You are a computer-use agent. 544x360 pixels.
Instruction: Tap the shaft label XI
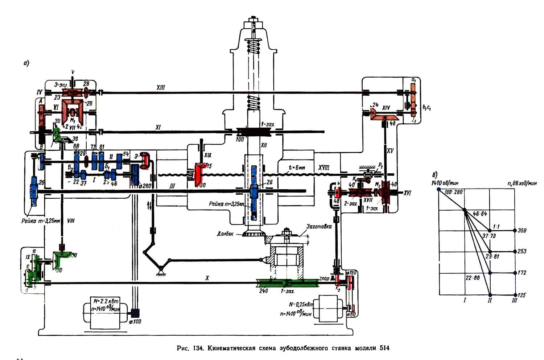coord(158,127)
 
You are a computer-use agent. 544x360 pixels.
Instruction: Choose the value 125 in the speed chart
coord(522,295)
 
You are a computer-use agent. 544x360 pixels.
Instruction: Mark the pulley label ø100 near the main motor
coord(135,322)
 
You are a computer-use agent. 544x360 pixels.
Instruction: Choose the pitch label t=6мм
coord(294,168)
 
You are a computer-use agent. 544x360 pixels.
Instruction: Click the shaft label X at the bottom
coord(207,278)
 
